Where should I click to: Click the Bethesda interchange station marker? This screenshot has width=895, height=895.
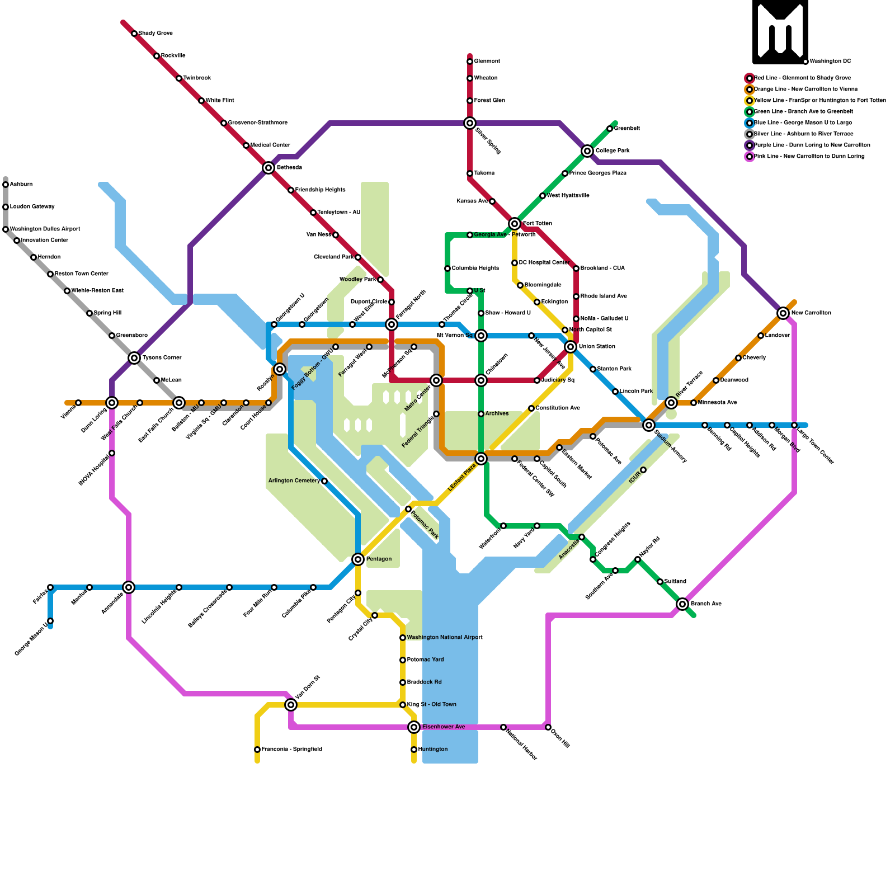click(x=268, y=168)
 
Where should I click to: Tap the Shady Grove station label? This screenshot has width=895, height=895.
click(x=156, y=34)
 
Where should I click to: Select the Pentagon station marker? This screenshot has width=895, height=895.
click(x=358, y=559)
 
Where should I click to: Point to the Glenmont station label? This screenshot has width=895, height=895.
click(x=487, y=62)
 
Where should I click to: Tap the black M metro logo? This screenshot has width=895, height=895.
click(x=780, y=32)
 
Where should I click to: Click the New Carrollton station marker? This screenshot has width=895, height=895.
click(x=783, y=313)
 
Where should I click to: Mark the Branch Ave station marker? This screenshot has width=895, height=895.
click(x=682, y=604)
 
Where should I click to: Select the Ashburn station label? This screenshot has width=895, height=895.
click(x=21, y=185)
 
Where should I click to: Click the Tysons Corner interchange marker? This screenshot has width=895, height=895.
click(x=134, y=358)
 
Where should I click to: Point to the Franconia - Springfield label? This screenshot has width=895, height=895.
click(x=291, y=750)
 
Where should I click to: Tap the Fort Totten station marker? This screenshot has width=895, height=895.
click(x=515, y=224)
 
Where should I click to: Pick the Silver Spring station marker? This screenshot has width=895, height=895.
click(x=470, y=123)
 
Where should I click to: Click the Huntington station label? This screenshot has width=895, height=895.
click(x=432, y=750)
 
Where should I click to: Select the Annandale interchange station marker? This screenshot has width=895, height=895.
click(x=129, y=587)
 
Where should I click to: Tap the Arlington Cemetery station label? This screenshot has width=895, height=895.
click(x=294, y=481)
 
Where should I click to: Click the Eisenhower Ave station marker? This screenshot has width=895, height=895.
click(x=414, y=727)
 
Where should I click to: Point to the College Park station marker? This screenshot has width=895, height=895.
click(x=587, y=151)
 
